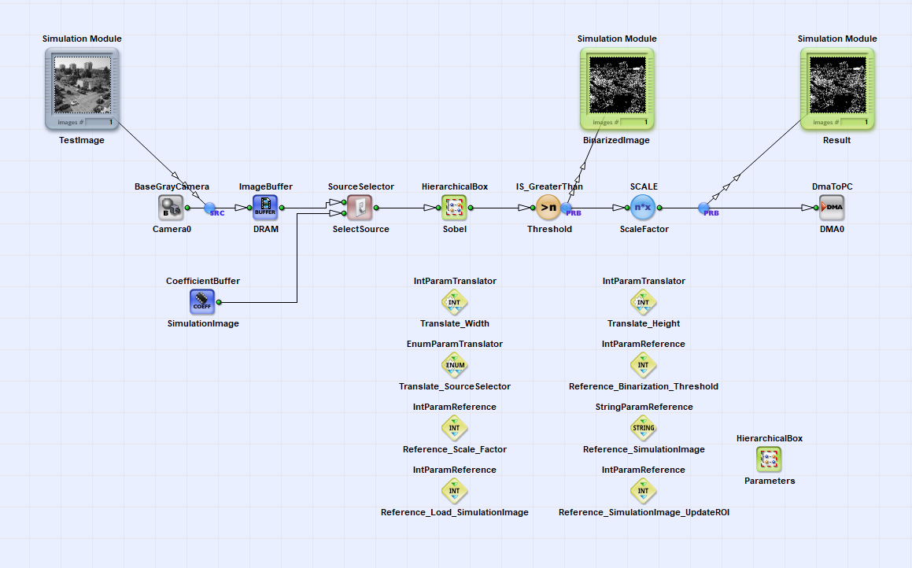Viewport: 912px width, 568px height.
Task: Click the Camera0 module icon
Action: (x=171, y=208)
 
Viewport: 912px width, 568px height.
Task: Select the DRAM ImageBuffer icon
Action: (x=265, y=208)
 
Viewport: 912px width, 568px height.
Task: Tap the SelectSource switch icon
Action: (x=360, y=208)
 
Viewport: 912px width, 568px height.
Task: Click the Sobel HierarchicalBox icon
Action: (x=454, y=208)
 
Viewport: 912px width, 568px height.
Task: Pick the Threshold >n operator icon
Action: (x=548, y=208)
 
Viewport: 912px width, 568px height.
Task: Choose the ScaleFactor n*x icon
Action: (x=644, y=208)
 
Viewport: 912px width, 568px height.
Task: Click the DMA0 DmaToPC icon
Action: (x=832, y=208)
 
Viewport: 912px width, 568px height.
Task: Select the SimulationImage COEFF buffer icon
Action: (x=202, y=302)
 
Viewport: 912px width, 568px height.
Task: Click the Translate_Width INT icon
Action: (x=454, y=302)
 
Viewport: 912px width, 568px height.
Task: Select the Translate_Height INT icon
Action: (x=644, y=302)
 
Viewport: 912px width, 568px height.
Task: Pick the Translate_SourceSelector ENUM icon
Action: (x=454, y=365)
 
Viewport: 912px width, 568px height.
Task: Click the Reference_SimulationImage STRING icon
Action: (x=644, y=428)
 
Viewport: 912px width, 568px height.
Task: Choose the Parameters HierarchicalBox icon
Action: (x=769, y=459)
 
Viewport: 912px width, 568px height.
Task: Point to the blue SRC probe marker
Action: (x=211, y=208)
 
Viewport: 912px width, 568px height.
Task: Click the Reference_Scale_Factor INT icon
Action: (x=454, y=428)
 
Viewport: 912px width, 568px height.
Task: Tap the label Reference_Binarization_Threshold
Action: (x=644, y=386)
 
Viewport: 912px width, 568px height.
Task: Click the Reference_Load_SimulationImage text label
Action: (x=454, y=512)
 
